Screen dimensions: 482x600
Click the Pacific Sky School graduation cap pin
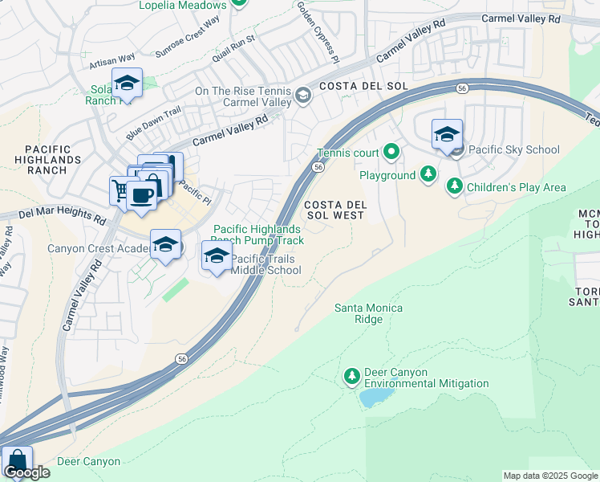coord(447,135)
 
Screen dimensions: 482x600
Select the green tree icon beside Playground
coord(428,174)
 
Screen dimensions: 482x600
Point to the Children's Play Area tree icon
coord(455,187)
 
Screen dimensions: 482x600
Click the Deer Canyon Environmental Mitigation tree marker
coord(351,376)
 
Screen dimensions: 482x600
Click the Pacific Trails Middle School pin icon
coord(216,257)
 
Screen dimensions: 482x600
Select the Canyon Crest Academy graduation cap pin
coord(165,246)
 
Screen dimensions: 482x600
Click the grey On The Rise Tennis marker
coord(302,96)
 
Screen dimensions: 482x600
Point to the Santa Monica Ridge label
coord(368,313)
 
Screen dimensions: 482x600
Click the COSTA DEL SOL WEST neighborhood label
coord(334,210)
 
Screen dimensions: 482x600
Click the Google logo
coord(26,472)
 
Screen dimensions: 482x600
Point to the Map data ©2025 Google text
coord(550,476)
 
